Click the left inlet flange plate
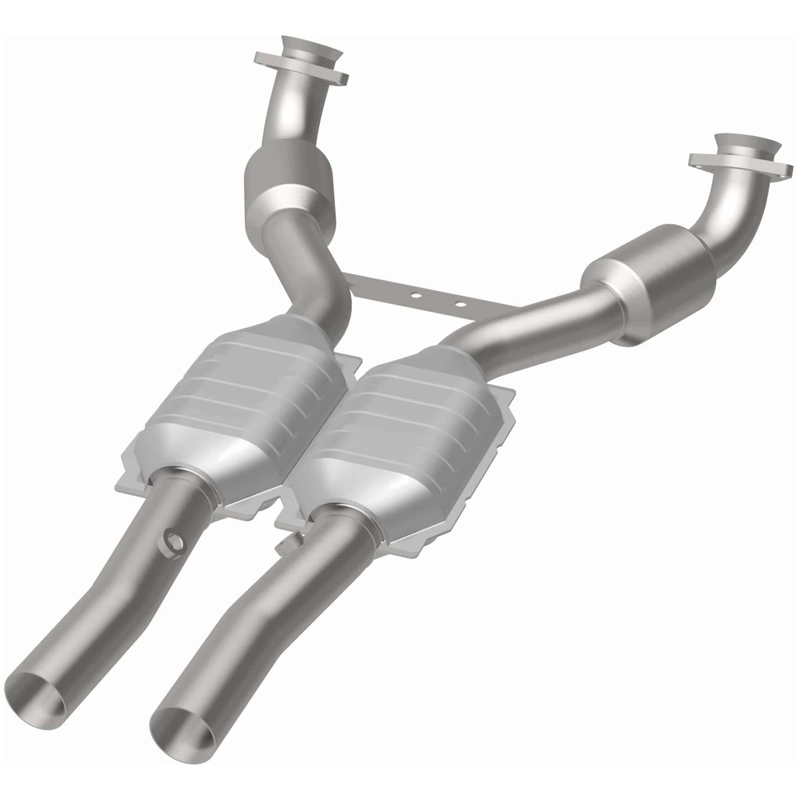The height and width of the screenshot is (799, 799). click(301, 71)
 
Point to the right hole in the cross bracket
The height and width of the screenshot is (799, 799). click(459, 303)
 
